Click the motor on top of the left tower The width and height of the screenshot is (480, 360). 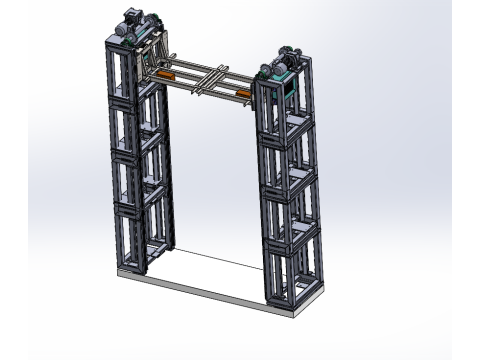[x=134, y=19]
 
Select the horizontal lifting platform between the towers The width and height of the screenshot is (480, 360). [x=205, y=80]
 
